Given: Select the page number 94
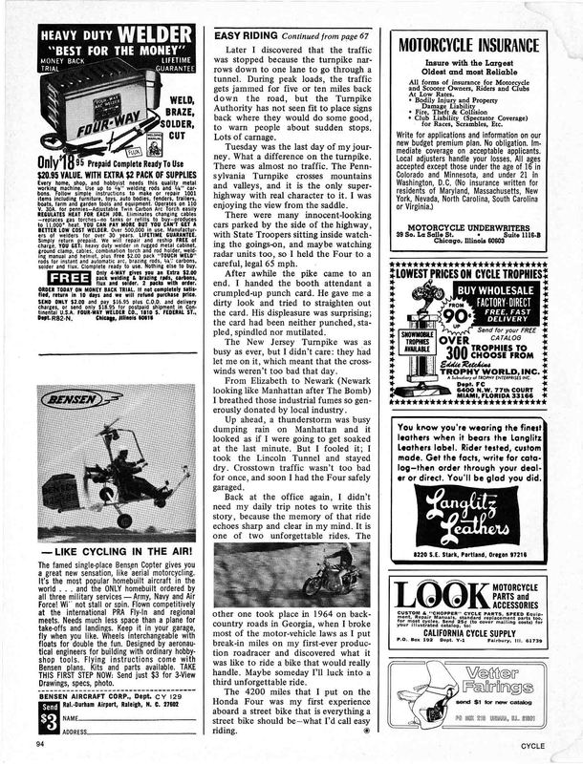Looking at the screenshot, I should pos(39,743).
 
